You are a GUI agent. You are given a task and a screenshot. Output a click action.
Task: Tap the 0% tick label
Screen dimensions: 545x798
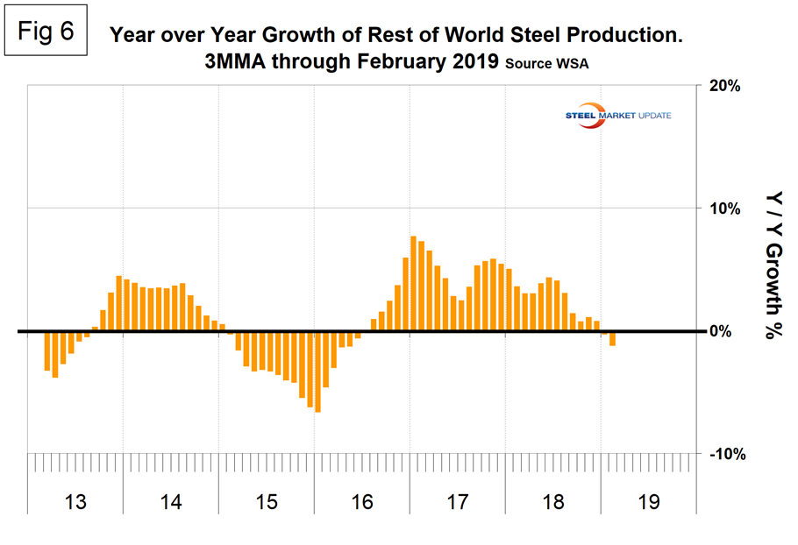[722, 331]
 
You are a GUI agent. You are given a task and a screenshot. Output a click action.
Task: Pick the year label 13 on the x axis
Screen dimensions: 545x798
[75, 502]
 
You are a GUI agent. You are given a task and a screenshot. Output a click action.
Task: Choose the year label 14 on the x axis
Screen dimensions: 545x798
[171, 502]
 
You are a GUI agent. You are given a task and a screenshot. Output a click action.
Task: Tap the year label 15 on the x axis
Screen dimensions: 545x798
[267, 502]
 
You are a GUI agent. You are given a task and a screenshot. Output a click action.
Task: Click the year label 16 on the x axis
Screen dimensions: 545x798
[362, 502]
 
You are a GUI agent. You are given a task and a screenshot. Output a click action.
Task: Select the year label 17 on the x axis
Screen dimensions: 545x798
[458, 502]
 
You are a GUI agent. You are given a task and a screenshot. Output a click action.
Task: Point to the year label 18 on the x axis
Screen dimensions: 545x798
[553, 502]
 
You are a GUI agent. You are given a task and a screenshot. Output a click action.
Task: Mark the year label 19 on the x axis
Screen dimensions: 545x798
[649, 502]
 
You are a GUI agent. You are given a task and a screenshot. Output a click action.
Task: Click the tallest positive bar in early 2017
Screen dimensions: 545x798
[413, 284]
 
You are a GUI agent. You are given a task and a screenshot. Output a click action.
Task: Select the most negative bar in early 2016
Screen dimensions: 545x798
[317, 372]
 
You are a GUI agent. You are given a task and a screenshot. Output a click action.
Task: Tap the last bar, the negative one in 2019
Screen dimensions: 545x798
[612, 338]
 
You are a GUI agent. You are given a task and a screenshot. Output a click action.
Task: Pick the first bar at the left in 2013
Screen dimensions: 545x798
[46, 350]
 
